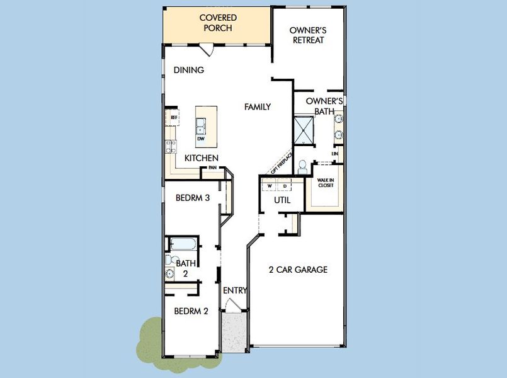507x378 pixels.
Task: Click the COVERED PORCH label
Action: point(218,23)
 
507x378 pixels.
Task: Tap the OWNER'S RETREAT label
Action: point(307,35)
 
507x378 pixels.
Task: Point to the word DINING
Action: point(189,70)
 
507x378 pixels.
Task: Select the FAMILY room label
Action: point(258,107)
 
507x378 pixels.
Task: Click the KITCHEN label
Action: point(201,157)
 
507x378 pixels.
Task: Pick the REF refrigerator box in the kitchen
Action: point(173,117)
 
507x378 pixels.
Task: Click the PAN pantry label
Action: point(213,168)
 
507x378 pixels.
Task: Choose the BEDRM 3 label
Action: point(192,198)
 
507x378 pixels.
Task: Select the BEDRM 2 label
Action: point(191,311)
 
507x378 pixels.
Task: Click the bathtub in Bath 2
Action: point(184,244)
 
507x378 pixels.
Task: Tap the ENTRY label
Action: point(235,290)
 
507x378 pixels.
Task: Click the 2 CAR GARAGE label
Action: point(298,270)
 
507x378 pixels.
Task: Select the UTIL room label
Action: point(282,200)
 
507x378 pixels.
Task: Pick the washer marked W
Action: point(270,186)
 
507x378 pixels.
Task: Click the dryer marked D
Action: point(284,186)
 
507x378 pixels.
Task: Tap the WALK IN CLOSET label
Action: point(325,183)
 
